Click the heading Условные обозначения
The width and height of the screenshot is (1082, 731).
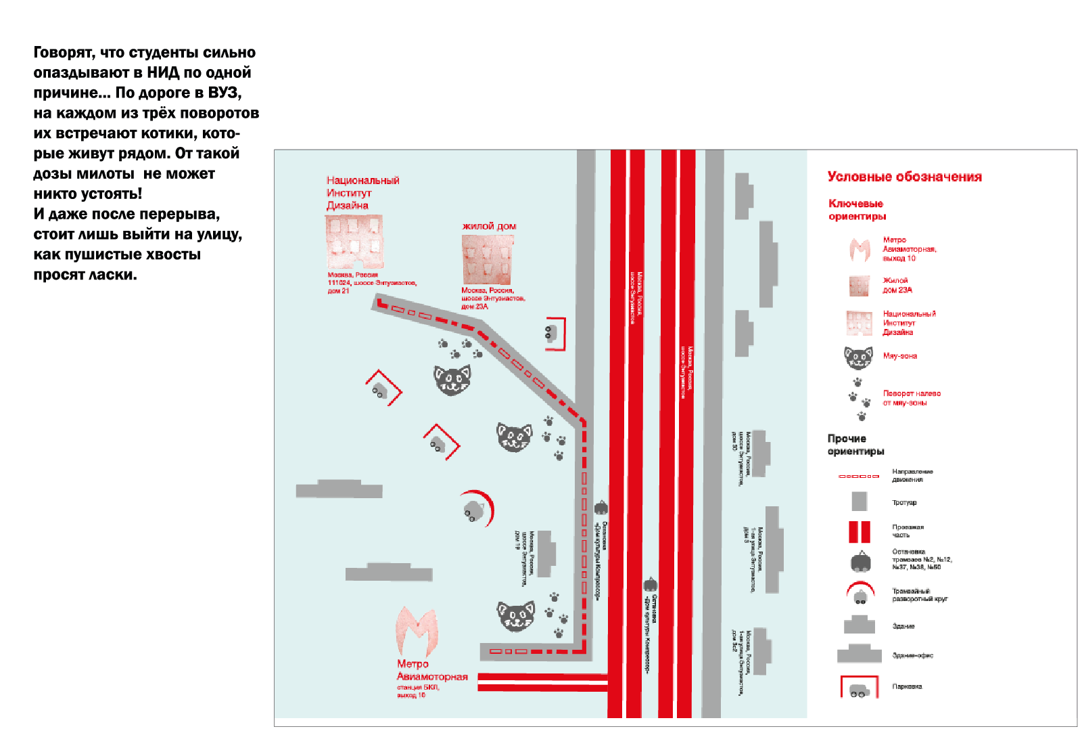coord(904,177)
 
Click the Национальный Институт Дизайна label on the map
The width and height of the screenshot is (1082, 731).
coord(362,193)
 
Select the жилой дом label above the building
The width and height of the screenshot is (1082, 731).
coord(489,226)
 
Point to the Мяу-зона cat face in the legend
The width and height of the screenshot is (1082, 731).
coord(858,357)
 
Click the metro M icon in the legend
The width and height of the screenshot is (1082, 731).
coord(860,250)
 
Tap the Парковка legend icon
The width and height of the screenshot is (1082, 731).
coord(859,688)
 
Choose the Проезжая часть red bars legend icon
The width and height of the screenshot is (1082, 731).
coord(860,531)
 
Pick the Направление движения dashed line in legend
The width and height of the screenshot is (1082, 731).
coord(859,476)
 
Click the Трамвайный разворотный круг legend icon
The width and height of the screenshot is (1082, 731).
coord(860,594)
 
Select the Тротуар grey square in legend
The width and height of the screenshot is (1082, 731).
coord(859,502)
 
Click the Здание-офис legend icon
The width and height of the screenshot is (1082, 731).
coord(859,654)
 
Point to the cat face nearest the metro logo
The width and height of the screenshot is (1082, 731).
coord(516,616)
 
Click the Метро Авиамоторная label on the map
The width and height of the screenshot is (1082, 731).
coord(431,670)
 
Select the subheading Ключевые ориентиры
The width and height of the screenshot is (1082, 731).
coord(857,210)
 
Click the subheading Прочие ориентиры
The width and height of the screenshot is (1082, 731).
coord(855,445)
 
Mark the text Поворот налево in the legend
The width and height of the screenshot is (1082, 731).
coord(912,393)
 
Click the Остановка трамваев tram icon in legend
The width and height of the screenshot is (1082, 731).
coord(860,561)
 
